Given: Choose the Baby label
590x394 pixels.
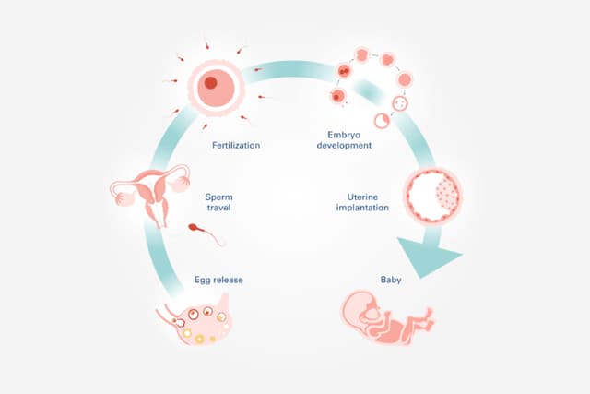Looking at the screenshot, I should tap(390, 278).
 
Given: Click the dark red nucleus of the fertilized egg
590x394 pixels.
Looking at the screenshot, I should tap(211, 83).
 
